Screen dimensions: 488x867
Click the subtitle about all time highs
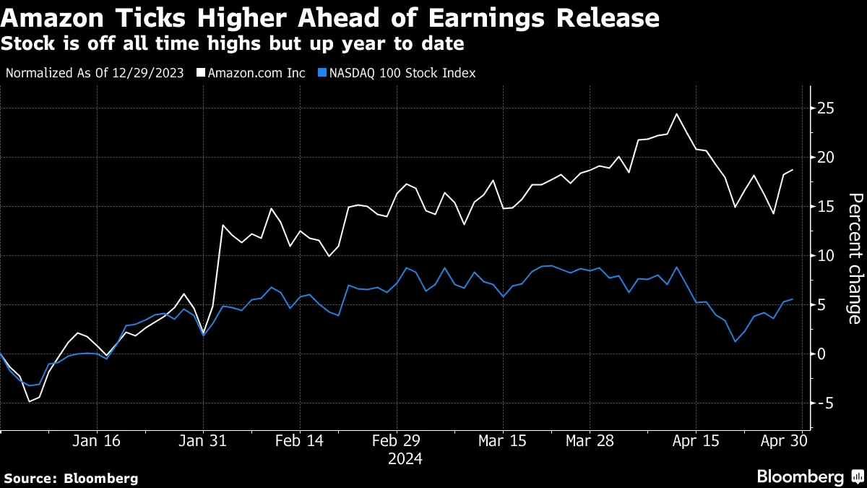point(232,44)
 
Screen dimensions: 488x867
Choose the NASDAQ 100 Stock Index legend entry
point(402,73)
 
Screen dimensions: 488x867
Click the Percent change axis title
point(854,258)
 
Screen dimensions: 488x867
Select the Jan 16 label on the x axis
point(98,441)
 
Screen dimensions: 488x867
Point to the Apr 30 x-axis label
point(784,441)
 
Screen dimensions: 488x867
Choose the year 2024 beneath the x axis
point(405,458)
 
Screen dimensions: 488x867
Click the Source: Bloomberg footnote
point(71,478)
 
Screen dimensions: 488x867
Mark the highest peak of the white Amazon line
point(676,114)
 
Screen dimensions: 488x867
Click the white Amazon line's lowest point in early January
point(30,401)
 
